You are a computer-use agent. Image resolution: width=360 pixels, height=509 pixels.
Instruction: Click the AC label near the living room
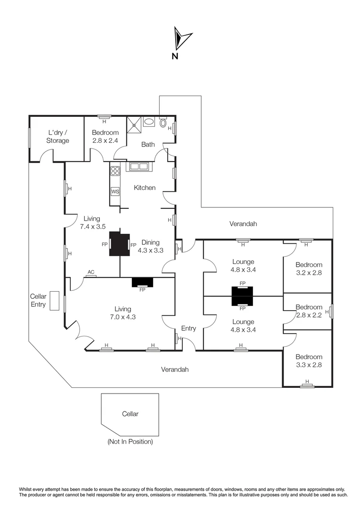(91, 272)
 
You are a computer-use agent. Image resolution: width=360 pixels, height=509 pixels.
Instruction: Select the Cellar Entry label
(38, 301)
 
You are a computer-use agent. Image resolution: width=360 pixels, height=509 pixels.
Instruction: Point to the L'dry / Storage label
(57, 137)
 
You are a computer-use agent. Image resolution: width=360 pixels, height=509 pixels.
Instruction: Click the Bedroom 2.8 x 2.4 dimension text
(105, 140)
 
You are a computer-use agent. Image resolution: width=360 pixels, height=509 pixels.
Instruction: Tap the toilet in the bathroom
(163, 123)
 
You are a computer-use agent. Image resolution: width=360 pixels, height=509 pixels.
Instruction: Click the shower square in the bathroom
(135, 123)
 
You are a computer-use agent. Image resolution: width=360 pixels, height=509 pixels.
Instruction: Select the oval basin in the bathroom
(148, 122)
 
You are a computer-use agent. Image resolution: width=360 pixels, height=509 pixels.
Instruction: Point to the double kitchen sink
(138, 166)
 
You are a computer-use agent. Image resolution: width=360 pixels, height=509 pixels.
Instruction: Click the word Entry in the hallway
(188, 328)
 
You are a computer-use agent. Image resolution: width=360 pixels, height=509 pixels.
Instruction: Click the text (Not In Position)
(130, 442)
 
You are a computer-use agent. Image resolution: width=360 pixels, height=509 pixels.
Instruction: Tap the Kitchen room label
(145, 188)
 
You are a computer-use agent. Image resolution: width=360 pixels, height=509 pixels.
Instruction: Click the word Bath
(148, 145)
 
